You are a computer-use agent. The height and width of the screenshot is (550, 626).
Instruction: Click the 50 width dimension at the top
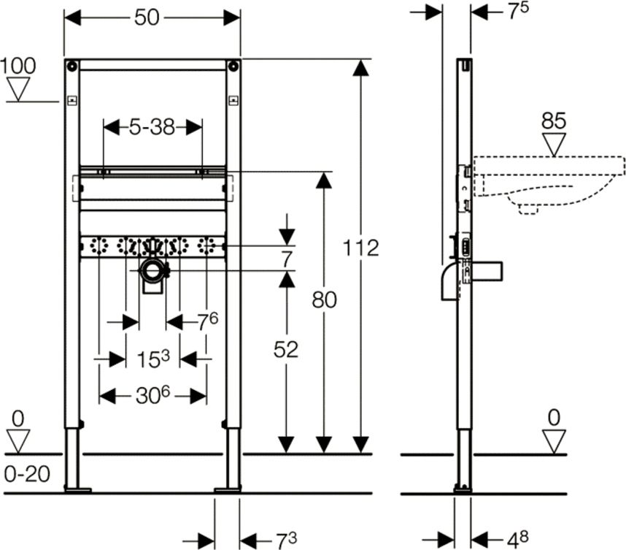click(147, 18)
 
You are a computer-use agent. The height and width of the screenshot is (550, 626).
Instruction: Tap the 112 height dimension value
click(362, 248)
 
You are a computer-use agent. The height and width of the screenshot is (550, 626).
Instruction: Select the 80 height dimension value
click(325, 299)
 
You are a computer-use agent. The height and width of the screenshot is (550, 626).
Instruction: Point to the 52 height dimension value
click(287, 350)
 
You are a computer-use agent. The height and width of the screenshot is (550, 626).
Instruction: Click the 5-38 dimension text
click(152, 127)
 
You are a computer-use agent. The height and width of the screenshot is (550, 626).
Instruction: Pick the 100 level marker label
click(18, 66)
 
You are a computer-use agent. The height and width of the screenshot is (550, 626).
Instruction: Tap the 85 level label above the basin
click(554, 121)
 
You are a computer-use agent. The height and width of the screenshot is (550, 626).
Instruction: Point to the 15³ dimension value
click(153, 359)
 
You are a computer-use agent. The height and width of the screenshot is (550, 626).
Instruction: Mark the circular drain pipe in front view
click(153, 272)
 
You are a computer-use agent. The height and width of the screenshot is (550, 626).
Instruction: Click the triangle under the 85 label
click(554, 143)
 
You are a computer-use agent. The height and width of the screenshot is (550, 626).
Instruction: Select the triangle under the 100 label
click(18, 89)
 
